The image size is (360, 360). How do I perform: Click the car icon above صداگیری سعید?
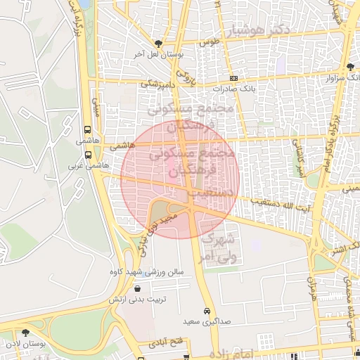(x=206, y=311)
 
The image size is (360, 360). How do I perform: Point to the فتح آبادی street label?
(x=166, y=343)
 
